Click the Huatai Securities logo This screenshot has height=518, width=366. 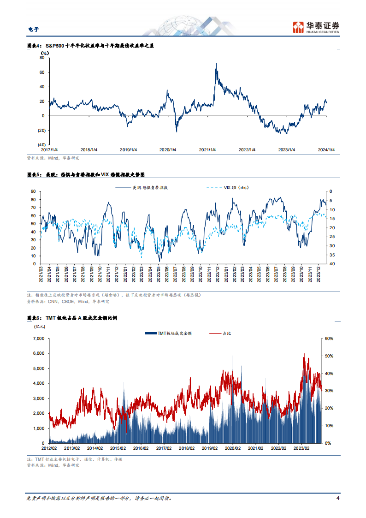coord(316,27)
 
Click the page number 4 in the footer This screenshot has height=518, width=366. coord(337,498)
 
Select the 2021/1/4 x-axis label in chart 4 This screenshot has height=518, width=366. coord(207,150)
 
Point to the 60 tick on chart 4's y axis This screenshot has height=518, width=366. coord(42,72)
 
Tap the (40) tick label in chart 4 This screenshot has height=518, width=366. coord(41,145)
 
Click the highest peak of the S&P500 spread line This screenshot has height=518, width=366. coord(216,64)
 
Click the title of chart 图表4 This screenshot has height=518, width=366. coord(90,46)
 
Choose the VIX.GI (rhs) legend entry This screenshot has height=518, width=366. coord(227,188)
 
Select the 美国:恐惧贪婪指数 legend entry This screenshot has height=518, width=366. coord(142,188)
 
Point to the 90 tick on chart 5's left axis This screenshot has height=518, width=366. coord(33,191)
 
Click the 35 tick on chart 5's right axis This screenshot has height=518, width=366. coord(332,255)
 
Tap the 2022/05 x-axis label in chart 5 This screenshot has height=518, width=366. coord(159,274)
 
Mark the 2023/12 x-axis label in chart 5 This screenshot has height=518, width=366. coord(319,274)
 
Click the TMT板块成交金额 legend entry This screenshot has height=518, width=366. coord(168,333)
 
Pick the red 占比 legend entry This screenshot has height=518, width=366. coord(220,333)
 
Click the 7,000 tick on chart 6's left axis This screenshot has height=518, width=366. coord(39,339)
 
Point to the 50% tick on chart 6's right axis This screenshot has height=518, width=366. coord(329,356)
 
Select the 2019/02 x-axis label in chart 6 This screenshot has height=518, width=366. coord(210,448)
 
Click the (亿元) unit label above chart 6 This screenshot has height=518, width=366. coord(40,327)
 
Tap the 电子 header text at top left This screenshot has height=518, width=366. coord(33,30)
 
